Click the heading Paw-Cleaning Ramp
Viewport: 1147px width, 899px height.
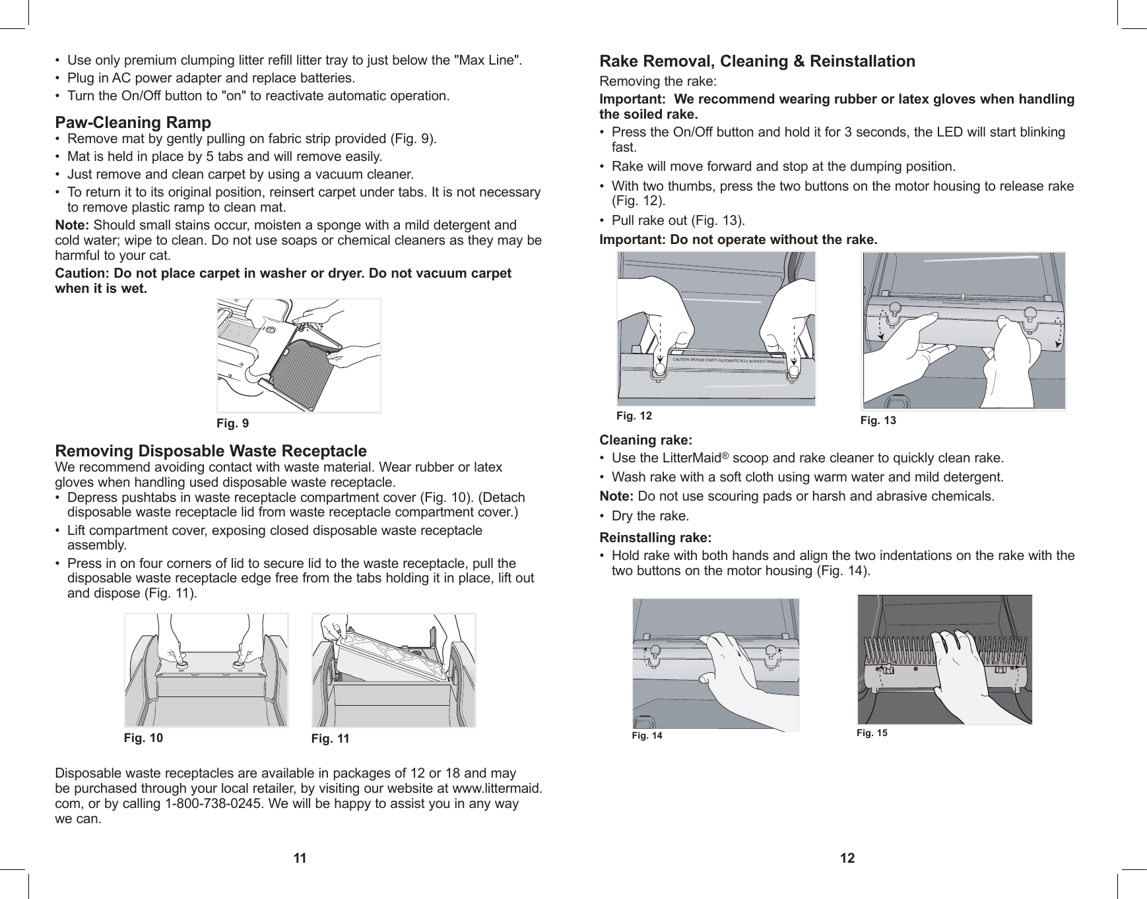(133, 123)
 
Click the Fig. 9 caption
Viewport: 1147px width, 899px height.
(233, 423)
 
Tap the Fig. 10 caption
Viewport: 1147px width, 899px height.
(143, 737)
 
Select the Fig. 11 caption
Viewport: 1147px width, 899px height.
(330, 739)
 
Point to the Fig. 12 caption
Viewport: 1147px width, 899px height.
(634, 416)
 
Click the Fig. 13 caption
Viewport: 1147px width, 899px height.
(878, 420)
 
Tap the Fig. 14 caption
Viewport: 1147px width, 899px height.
(647, 735)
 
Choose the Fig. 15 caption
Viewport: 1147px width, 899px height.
(872, 733)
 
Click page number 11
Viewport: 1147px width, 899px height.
(300, 858)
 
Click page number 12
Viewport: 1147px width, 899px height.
(847, 858)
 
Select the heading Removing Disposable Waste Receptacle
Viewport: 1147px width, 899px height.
(211, 451)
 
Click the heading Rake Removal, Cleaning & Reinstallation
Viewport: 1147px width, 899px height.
(757, 61)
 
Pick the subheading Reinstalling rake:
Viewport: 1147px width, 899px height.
(655, 537)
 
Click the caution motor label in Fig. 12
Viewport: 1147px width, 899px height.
(729, 361)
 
